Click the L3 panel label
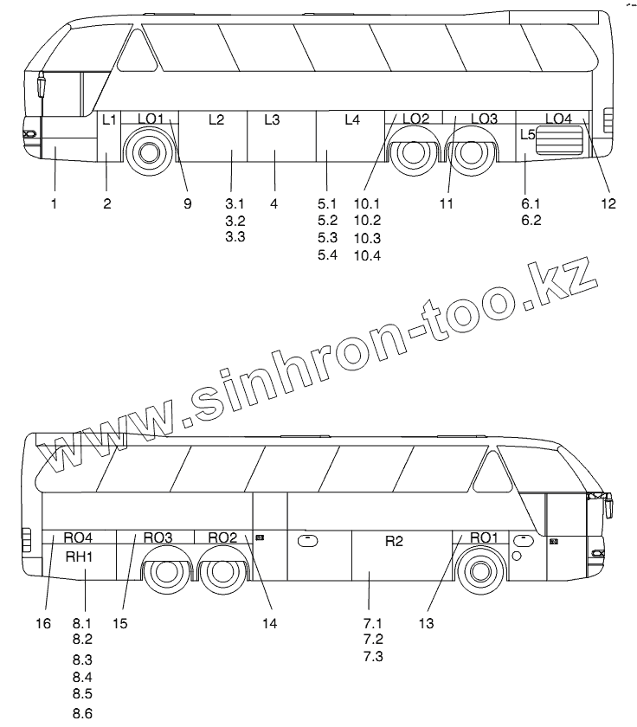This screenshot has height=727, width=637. (271, 120)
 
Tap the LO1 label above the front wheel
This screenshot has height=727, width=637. (150, 119)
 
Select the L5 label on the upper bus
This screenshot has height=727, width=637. (528, 134)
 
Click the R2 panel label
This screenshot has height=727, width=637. (394, 542)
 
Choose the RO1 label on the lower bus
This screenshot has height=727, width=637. (484, 537)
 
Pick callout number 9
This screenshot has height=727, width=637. (186, 204)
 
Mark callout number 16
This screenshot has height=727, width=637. (43, 622)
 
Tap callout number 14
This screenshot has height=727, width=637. (272, 622)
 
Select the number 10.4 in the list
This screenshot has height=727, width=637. (367, 254)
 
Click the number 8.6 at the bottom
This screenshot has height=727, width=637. (82, 714)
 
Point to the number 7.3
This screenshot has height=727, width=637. (373, 656)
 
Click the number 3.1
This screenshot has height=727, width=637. (235, 204)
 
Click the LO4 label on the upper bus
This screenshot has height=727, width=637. (558, 118)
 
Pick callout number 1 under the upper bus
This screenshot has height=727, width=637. (54, 204)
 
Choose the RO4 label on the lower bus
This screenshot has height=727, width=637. (78, 537)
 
